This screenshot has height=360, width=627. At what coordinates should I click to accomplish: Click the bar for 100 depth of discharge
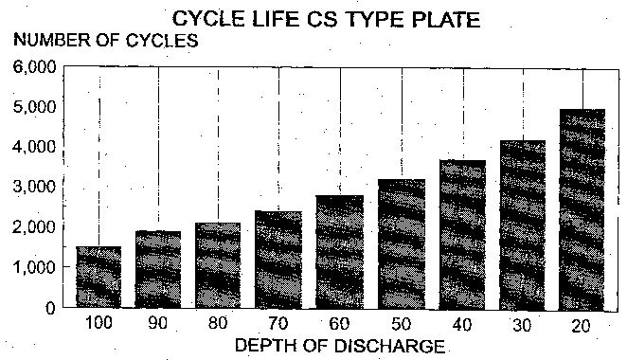(x=99, y=277)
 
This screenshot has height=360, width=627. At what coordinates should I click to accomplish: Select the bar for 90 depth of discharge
(x=158, y=269)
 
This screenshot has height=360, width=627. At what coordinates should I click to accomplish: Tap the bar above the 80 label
(x=218, y=265)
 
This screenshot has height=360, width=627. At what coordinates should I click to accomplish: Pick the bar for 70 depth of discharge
(x=278, y=260)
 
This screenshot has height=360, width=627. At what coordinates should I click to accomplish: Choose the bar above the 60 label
(x=340, y=252)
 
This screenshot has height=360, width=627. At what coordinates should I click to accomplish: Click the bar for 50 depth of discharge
(x=402, y=244)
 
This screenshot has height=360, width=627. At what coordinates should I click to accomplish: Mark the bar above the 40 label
(x=462, y=235)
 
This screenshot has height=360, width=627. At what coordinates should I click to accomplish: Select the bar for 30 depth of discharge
(x=523, y=225)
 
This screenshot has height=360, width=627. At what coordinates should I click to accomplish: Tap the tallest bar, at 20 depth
(x=582, y=209)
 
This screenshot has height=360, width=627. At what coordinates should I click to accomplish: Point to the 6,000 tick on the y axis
(x=35, y=67)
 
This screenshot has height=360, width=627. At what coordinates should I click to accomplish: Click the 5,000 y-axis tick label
(x=35, y=107)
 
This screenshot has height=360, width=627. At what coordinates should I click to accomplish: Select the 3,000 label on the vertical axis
(x=35, y=187)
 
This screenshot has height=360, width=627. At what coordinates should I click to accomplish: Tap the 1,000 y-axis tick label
(x=35, y=267)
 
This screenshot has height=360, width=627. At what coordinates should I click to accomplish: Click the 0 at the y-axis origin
(x=50, y=308)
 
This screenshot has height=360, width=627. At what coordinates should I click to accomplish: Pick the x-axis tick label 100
(x=99, y=323)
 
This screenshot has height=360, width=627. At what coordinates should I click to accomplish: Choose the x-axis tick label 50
(x=402, y=324)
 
